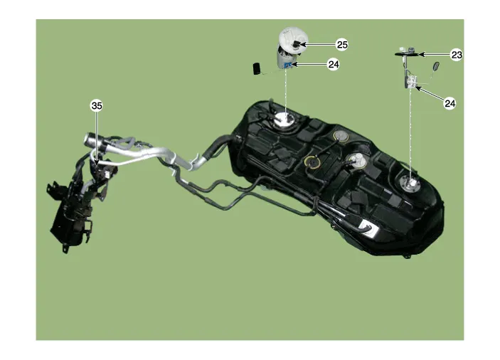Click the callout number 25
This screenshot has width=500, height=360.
coord(342,45)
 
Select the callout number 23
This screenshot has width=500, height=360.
coord(457,55)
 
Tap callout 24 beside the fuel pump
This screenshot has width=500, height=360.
coord(334,65)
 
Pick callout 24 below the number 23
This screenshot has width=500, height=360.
coord(450,103)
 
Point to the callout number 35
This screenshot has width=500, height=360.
coord(97,105)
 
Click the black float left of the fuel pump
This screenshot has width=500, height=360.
coord(257,68)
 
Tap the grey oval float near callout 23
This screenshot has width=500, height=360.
coord(436,66)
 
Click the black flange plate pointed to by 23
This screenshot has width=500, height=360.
coord(407,55)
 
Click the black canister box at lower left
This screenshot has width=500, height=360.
coord(70,220)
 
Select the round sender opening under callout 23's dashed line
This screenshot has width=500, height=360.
coord(410,185)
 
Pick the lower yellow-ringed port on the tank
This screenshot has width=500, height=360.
coord(312,162)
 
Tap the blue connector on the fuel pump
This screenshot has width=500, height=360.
coord(287,65)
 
